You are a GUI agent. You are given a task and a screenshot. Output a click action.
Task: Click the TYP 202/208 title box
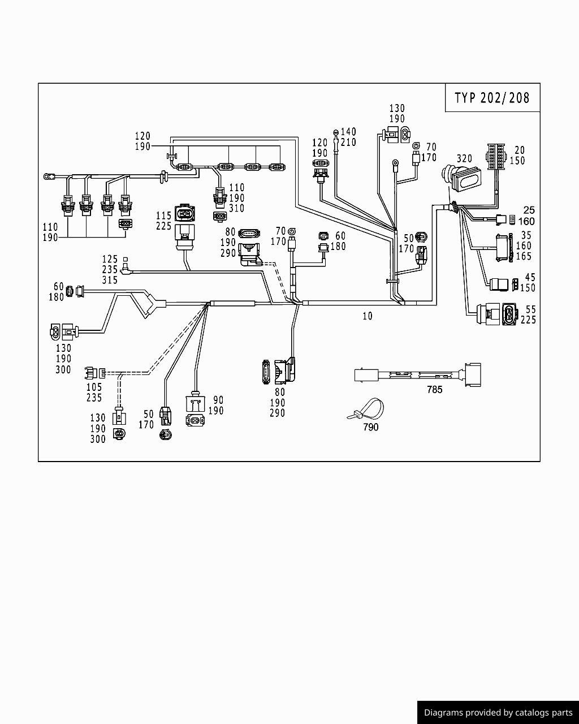[x=492, y=97]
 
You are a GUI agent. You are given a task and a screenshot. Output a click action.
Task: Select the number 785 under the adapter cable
[x=434, y=390]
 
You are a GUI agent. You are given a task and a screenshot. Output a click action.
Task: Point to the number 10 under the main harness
[x=368, y=316]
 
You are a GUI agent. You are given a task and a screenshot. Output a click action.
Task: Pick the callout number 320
[x=464, y=158]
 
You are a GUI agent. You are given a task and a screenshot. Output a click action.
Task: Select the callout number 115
[x=163, y=216]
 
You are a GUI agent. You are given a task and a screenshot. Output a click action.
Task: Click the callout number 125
[x=110, y=260]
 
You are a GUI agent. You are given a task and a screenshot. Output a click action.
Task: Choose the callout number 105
[x=94, y=387]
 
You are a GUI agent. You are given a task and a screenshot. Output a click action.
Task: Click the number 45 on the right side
[x=530, y=277]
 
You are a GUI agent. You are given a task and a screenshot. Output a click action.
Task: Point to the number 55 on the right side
[x=530, y=309]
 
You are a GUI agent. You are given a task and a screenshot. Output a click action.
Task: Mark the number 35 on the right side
[x=526, y=235]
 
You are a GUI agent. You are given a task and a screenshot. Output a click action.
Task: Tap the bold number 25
[x=529, y=210]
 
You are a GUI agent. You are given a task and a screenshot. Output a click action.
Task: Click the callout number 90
[x=218, y=400]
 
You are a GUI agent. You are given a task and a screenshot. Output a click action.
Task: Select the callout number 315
[x=110, y=280]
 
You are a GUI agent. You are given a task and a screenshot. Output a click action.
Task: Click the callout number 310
[x=236, y=209]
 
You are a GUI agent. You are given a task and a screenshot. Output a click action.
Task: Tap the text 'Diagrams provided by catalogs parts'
[x=498, y=713]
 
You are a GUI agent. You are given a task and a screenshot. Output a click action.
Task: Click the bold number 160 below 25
[x=526, y=221]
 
